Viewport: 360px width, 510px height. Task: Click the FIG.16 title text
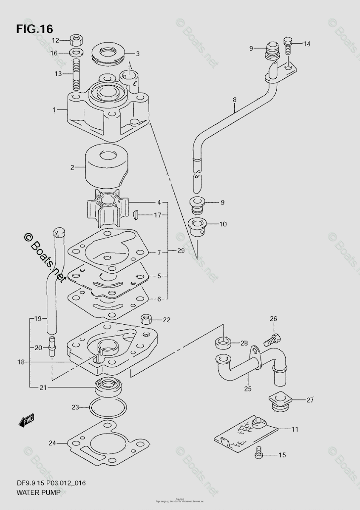point(34,29)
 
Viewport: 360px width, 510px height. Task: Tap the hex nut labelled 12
point(77,41)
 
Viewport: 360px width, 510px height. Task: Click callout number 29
point(181,251)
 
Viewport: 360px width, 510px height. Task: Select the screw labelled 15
point(258,455)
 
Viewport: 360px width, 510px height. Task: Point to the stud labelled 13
point(77,74)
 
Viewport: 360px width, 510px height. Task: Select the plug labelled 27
point(278,401)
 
